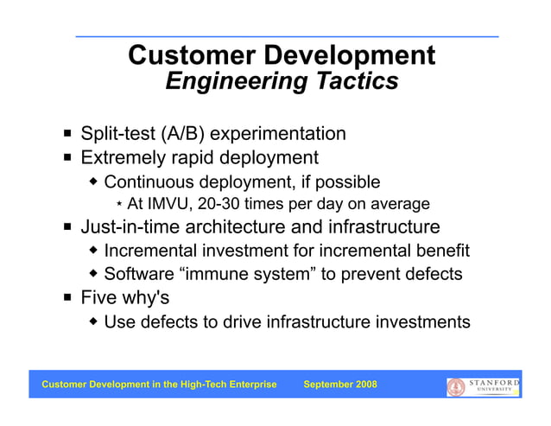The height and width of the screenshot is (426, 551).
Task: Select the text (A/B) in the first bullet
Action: point(179,134)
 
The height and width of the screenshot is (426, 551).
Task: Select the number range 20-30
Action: point(223,205)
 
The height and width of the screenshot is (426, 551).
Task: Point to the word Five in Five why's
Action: point(98,298)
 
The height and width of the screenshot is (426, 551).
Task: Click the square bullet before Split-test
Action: point(67,135)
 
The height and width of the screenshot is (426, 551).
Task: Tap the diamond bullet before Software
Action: point(93,275)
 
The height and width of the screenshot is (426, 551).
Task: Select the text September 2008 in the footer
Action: point(340,385)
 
